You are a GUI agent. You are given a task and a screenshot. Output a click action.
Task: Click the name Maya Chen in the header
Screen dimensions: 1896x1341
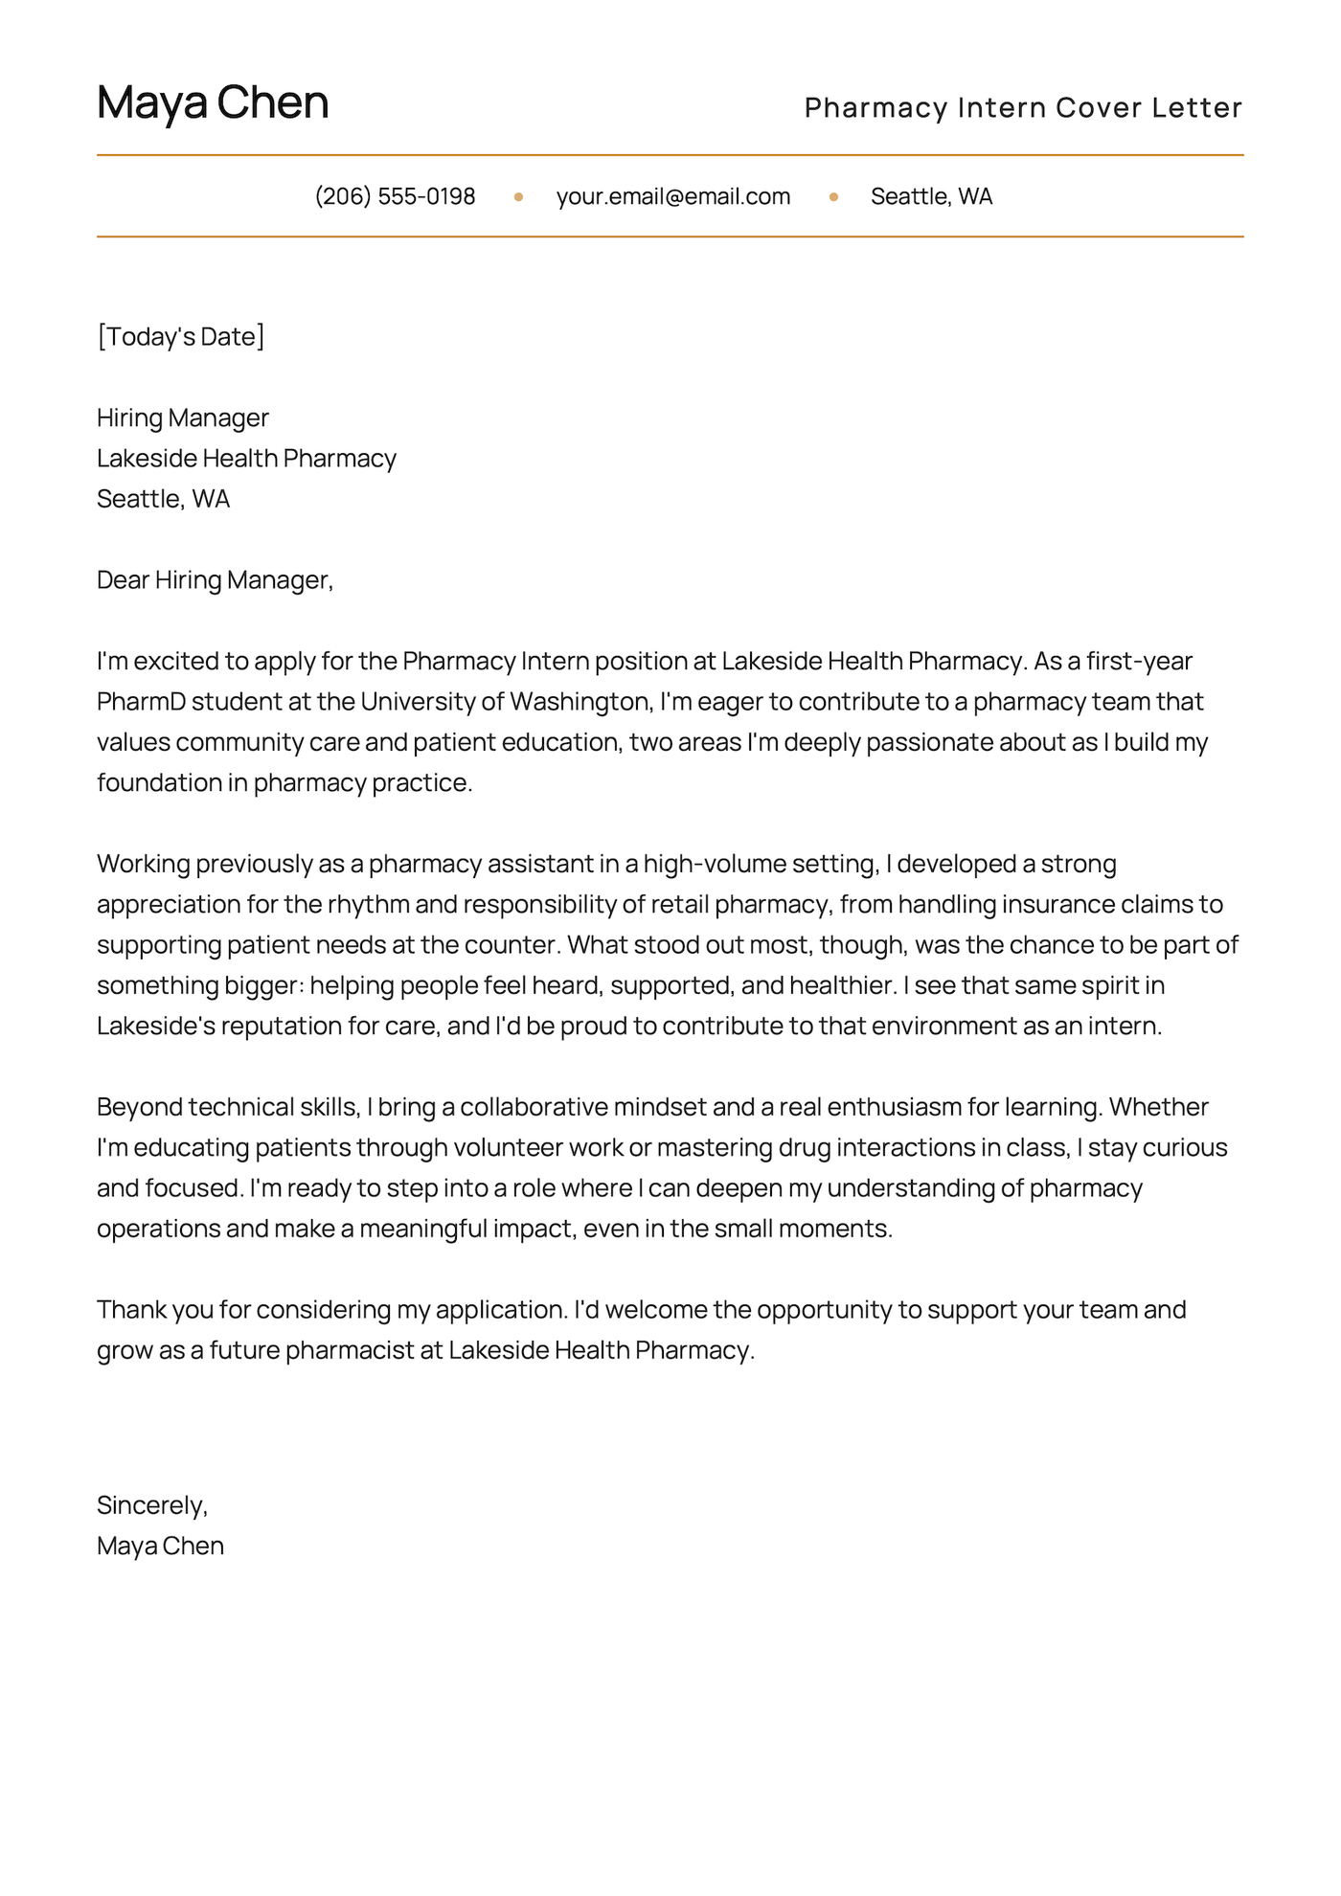pos(213,102)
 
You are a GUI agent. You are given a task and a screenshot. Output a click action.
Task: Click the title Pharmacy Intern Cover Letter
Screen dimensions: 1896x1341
pos(1022,107)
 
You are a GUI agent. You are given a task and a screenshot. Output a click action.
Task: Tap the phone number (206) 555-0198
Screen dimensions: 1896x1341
pos(395,196)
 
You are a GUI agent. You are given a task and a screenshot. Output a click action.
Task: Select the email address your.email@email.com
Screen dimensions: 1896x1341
pos(672,196)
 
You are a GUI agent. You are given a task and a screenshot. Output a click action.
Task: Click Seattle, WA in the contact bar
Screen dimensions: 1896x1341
pos(931,196)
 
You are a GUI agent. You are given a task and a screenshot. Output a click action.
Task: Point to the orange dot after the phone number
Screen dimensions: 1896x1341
pos(518,197)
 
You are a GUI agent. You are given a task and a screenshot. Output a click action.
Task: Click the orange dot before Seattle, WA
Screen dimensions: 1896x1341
pos(833,197)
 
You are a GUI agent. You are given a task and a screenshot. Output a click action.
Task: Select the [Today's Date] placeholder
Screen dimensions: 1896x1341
pos(180,336)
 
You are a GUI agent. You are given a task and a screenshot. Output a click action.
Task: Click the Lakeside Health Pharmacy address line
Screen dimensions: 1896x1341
pos(246,459)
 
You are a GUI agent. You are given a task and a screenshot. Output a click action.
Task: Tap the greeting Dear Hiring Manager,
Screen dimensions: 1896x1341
pos(215,580)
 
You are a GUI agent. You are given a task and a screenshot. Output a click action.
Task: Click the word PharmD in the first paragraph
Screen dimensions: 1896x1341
pos(141,702)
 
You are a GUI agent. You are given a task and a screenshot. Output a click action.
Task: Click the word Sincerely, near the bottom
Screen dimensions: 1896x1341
pos(152,1505)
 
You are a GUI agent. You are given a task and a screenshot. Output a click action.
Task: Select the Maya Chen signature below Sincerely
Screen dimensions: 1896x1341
pos(160,1546)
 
